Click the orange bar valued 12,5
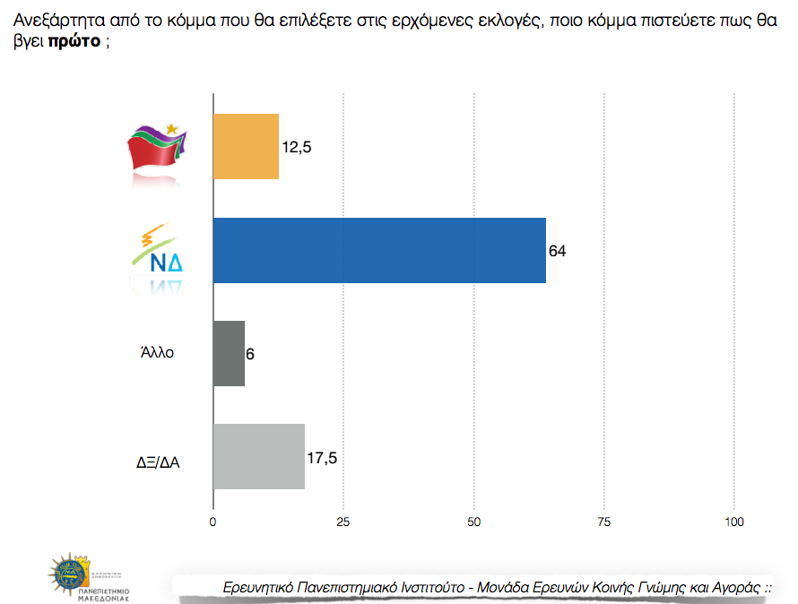[246, 147]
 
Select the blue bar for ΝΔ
[379, 250]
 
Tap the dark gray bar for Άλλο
[229, 353]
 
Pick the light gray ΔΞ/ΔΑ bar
[258, 456]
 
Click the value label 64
[557, 251]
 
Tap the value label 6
[250, 354]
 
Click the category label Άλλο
[157, 353]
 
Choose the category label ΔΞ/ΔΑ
[152, 463]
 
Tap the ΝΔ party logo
[158, 255]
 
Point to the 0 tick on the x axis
[213, 522]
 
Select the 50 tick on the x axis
[473, 522]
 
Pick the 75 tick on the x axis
[604, 522]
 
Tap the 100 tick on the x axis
[734, 522]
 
